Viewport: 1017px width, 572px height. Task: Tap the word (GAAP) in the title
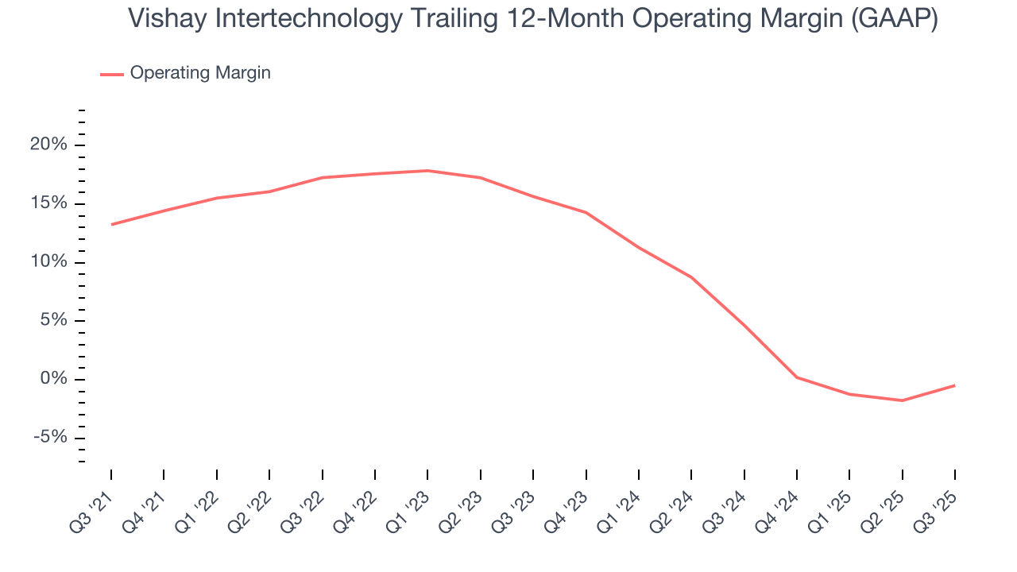[894, 19]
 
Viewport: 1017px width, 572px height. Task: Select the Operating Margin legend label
[200, 73]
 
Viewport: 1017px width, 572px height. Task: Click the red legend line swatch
[112, 74]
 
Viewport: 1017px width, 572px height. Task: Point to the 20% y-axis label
[48, 145]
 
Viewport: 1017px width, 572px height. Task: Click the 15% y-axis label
[48, 204]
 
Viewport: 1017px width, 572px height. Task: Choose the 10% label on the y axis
[48, 262]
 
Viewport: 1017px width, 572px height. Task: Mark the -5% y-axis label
[49, 438]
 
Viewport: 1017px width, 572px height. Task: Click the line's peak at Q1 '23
[427, 170]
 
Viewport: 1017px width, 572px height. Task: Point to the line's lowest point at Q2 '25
[902, 400]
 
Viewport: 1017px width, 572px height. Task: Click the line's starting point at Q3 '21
[111, 224]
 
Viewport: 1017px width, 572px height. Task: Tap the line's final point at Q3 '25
[954, 385]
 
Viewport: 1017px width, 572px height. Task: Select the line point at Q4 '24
[797, 377]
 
